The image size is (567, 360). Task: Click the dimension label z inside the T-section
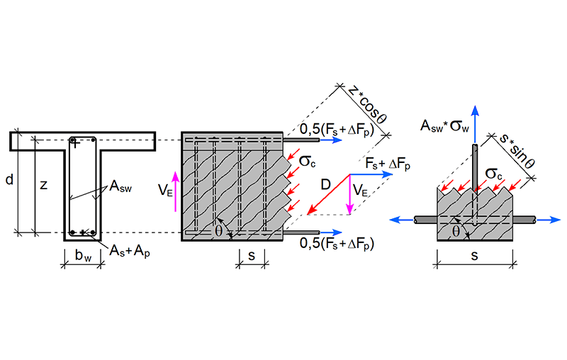coord(43,186)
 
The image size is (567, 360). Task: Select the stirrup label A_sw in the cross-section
coord(120,187)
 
